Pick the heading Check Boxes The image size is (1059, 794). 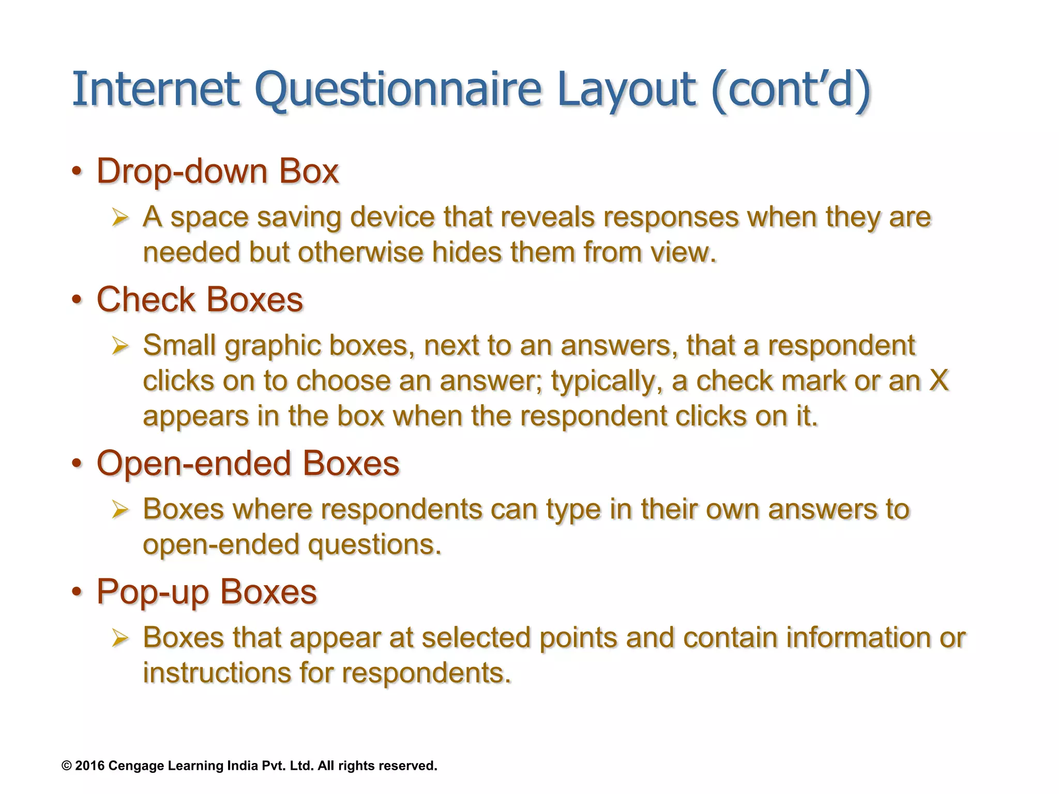[x=200, y=299]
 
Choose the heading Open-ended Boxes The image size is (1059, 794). [x=248, y=463]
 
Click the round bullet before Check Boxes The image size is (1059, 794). [x=77, y=300]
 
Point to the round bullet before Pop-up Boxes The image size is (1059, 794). [x=77, y=591]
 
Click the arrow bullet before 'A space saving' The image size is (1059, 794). [x=120, y=218]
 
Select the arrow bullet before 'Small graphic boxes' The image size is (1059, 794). [x=120, y=346]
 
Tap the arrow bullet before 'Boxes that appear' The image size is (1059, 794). [x=120, y=638]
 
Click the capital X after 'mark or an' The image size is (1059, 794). [x=939, y=381]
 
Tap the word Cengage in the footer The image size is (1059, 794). [x=137, y=766]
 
